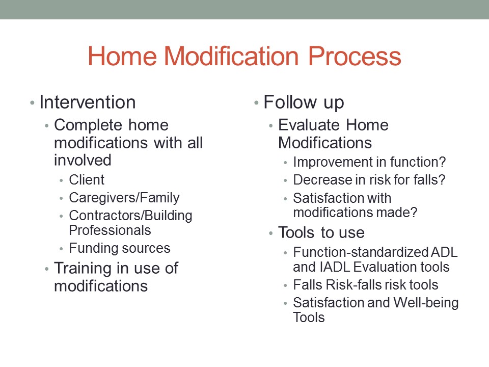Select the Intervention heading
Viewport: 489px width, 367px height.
87,102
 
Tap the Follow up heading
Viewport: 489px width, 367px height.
304,102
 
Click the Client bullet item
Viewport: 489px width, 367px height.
87,180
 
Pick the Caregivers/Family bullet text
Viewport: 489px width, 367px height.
124,198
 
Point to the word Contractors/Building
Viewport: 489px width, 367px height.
130,216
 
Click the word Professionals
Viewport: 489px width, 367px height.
110,230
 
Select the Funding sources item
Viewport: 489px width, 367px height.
120,248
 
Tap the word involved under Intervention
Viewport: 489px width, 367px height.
83,160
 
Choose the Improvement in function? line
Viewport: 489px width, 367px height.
369,162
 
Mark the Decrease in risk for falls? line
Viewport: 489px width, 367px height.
369,180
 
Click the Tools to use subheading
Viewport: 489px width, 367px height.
321,233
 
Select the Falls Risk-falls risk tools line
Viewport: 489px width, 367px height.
365,285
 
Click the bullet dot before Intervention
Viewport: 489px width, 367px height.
32,103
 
